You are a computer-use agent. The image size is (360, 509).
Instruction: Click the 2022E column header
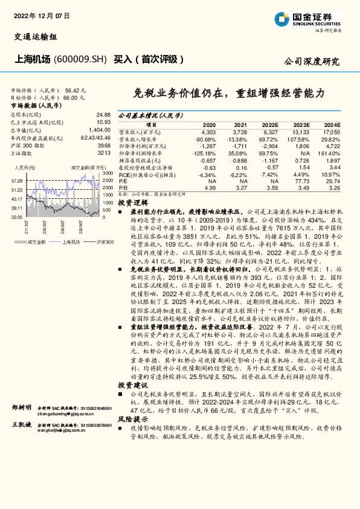pyautogui.click(x=270, y=124)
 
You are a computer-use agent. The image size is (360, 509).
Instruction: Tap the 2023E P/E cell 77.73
pyautogui.click(x=301, y=180)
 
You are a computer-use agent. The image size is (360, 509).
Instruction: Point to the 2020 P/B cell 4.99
pyautogui.click(x=210, y=188)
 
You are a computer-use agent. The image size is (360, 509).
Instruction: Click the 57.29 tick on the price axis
pyautogui.click(x=17, y=181)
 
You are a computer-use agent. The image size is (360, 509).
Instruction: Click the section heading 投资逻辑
pyautogui.click(x=132, y=204)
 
